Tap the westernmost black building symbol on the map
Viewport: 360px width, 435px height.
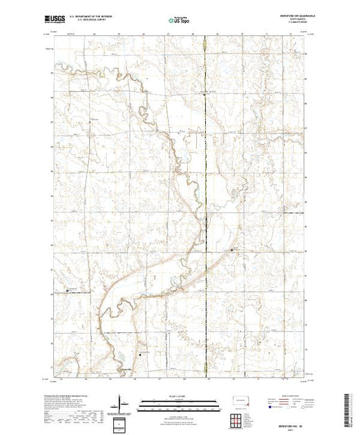point(68,291)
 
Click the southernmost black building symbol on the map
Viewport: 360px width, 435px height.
point(141,354)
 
